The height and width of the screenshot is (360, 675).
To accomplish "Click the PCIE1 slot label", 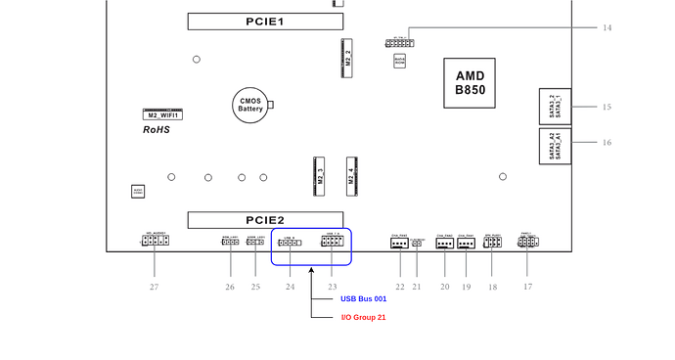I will tap(265, 21).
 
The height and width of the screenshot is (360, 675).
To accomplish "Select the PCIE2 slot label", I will tap(265, 220).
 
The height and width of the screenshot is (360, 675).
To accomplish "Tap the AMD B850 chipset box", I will tap(470, 82).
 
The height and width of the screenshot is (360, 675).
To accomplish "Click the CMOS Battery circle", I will tap(250, 105).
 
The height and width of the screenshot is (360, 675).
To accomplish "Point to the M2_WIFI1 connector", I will tap(165, 113).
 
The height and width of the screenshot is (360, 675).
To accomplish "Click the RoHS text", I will tap(157, 129).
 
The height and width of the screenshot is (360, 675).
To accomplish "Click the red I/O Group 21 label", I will tap(363, 317).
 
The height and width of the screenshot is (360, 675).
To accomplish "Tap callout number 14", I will tap(607, 28).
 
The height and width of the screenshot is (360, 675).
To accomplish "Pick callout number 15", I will tap(607, 107).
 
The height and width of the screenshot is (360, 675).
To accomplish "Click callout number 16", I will tap(607, 143).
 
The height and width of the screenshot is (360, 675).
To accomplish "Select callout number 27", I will tap(154, 287).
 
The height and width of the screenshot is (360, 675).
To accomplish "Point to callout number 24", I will tap(290, 287).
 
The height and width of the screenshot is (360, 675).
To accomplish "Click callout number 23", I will tap(332, 287).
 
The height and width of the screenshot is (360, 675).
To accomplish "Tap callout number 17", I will tap(527, 287).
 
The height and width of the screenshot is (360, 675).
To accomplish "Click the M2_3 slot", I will tap(318, 176).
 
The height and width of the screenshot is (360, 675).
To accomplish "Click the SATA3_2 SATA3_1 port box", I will tap(554, 106).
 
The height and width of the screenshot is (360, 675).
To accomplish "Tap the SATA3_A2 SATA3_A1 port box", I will tap(554, 145).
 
